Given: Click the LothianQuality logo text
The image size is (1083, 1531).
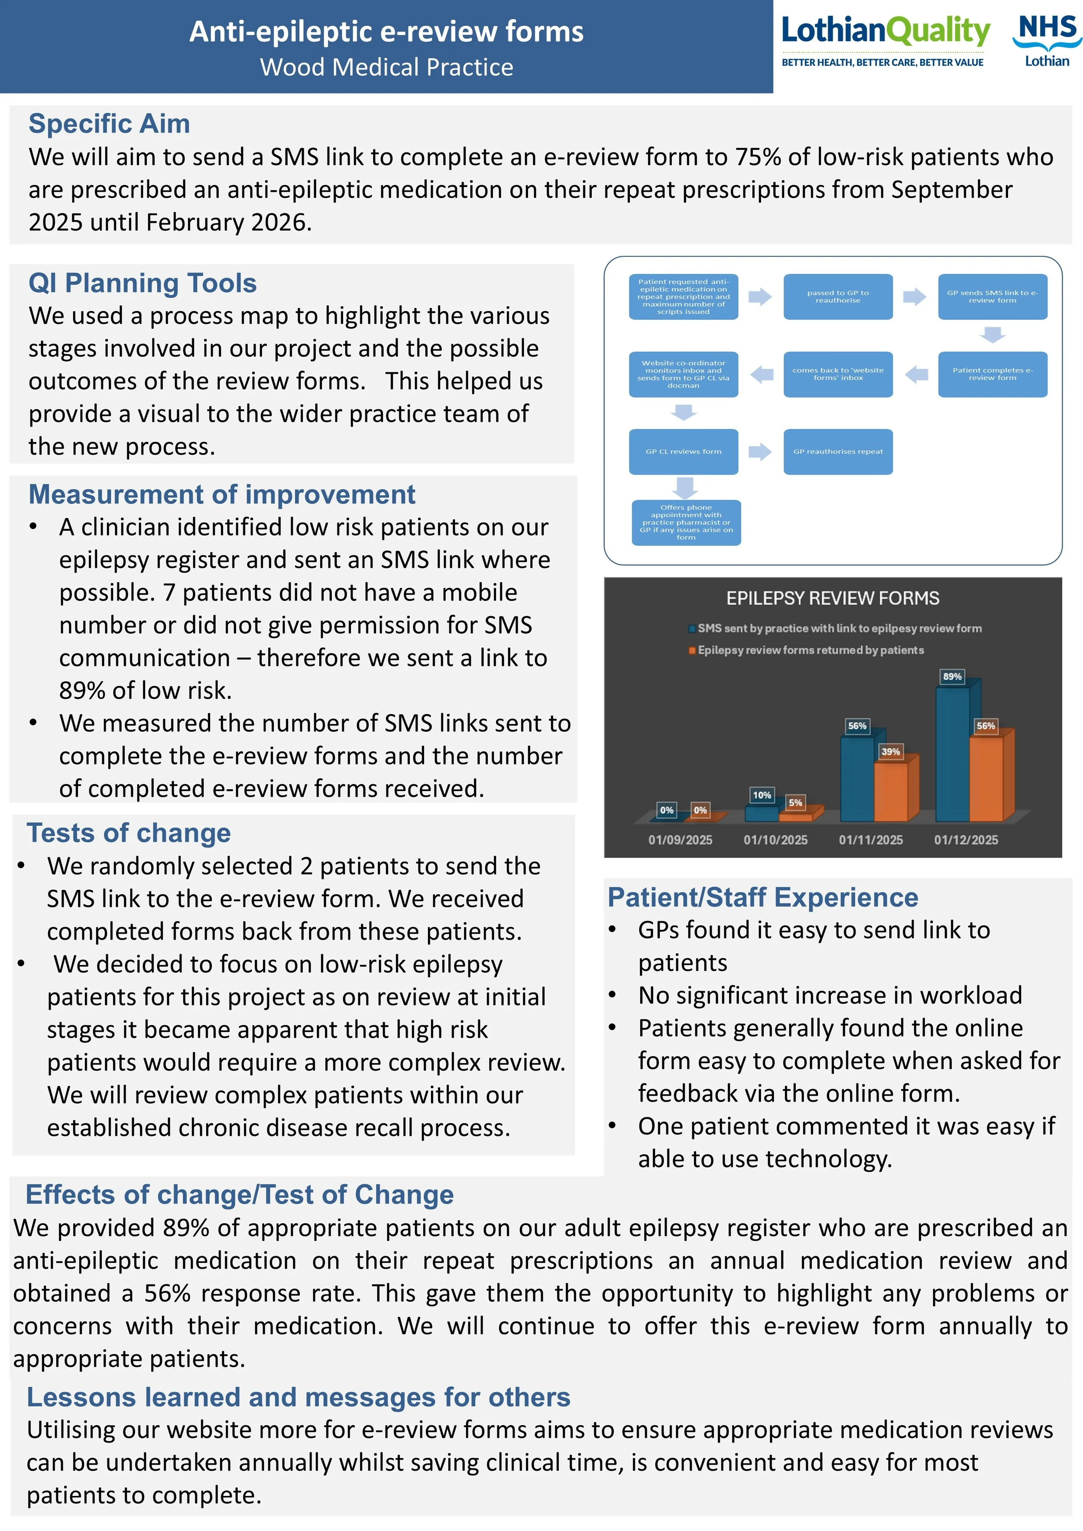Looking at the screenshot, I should (885, 31).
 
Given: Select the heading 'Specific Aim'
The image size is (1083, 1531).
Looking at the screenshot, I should (109, 124).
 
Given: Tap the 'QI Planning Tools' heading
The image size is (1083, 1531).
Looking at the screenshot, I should (142, 283).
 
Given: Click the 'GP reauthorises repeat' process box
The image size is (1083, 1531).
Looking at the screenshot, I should (837, 451).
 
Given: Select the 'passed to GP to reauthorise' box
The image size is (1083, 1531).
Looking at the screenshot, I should (837, 297).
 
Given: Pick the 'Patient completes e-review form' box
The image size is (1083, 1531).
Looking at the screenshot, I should (992, 374).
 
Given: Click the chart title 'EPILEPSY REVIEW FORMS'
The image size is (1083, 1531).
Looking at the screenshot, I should (832, 598).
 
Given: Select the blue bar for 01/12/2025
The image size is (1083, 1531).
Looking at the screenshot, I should (952, 753).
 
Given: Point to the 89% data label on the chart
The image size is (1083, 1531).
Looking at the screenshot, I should (952, 676).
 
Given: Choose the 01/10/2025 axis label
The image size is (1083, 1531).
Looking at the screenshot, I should (775, 840).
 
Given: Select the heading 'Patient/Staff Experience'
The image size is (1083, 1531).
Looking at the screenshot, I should (762, 898).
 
